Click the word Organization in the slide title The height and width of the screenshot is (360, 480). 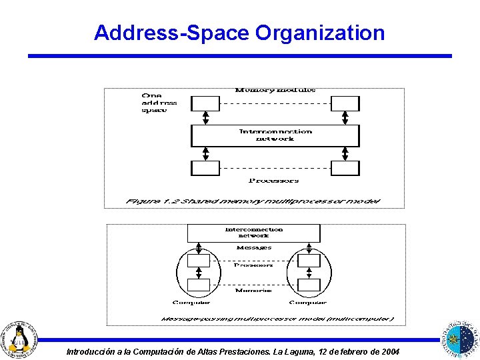coord(320,33)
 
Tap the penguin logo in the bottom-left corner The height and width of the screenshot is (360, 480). coord(21,339)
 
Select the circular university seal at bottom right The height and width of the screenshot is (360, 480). coord(459,338)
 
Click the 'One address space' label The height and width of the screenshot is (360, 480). coord(159,103)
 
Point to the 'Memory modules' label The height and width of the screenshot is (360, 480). coord(275,90)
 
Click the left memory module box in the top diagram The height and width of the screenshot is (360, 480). coord(205,103)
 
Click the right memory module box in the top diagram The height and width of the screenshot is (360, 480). coord(345,103)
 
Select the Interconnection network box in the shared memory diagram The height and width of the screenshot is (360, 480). coord(275,135)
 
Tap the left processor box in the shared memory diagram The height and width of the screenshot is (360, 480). coord(205,168)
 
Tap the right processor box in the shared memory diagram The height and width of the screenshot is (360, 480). coord(345,168)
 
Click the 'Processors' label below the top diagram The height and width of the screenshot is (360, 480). coord(274,180)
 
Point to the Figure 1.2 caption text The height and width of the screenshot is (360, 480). coord(253,201)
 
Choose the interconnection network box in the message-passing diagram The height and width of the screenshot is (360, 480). coord(253,233)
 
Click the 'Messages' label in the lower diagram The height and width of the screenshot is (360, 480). coord(254,248)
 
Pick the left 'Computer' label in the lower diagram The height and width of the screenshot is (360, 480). coord(191,303)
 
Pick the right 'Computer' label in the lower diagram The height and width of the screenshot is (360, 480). coord(308,303)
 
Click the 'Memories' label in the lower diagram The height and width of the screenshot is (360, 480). coord(253,291)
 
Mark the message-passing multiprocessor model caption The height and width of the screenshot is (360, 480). coord(277,319)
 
